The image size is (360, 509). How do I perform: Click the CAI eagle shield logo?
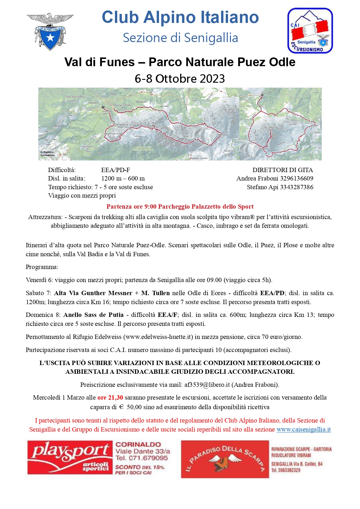(x=50, y=32)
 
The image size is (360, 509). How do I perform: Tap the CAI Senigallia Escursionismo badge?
(x=310, y=31)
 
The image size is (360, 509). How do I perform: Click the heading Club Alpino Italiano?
(x=180, y=17)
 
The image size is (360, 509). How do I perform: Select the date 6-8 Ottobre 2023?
(x=180, y=79)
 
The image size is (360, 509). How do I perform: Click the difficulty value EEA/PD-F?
(x=115, y=170)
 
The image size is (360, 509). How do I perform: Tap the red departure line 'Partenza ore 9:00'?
(x=180, y=207)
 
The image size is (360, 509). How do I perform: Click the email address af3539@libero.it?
(x=207, y=385)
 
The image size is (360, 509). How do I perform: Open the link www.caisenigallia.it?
(x=303, y=429)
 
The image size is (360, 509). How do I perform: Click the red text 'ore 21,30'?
(x=110, y=398)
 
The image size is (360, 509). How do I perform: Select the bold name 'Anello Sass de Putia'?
(x=93, y=315)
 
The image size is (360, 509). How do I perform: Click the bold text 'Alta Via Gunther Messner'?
(x=93, y=293)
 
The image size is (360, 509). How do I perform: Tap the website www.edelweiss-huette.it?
(x=158, y=337)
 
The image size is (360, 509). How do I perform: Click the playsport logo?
(x=70, y=458)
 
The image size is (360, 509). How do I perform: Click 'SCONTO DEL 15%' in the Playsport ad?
(x=140, y=467)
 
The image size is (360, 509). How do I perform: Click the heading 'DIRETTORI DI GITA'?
(x=283, y=170)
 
